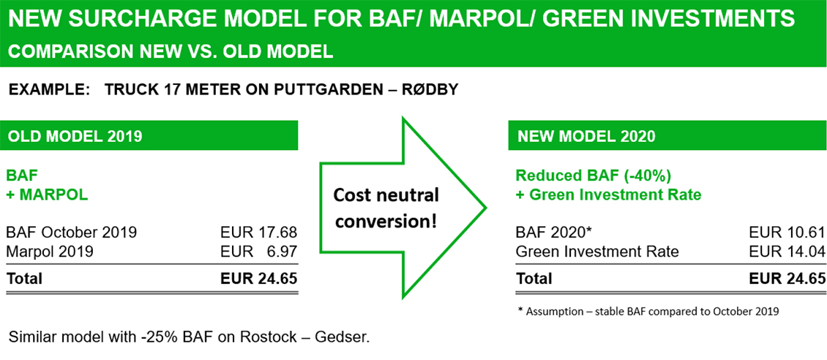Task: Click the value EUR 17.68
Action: pyautogui.click(x=258, y=233)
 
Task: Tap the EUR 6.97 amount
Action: pyautogui.click(x=258, y=252)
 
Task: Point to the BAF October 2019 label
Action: pyautogui.click(x=71, y=233)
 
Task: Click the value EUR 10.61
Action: pyautogui.click(x=787, y=233)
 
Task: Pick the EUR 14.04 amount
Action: pyautogui.click(x=787, y=252)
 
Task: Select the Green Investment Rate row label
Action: pyautogui.click(x=597, y=252)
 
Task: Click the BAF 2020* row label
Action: pyautogui.click(x=553, y=233)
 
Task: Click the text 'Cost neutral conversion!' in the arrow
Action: pyautogui.click(x=386, y=207)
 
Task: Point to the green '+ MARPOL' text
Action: pyautogui.click(x=47, y=195)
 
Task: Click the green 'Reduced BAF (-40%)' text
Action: pyautogui.click(x=594, y=176)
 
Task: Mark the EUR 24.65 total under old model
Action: pyautogui.click(x=258, y=279)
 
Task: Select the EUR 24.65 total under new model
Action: pyautogui.click(x=787, y=279)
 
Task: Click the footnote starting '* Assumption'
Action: pyautogui.click(x=648, y=311)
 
